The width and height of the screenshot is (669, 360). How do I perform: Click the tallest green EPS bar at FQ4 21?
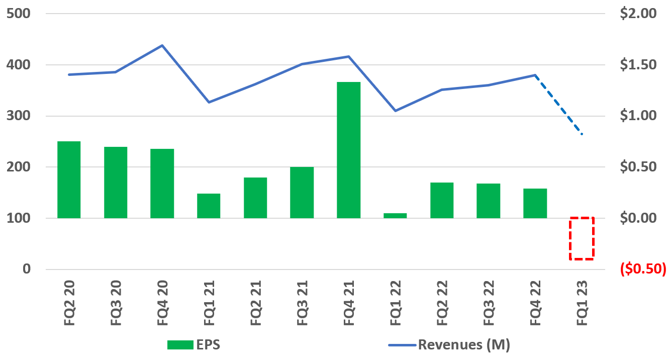pyautogui.click(x=348, y=150)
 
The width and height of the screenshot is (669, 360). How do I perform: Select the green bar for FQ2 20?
pyautogui.click(x=69, y=179)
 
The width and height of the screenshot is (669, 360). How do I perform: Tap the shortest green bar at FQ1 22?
pyautogui.click(x=395, y=215)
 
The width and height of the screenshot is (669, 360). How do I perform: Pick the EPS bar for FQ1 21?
pyautogui.click(x=209, y=206)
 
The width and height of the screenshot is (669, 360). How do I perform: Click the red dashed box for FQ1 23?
pyautogui.click(x=582, y=238)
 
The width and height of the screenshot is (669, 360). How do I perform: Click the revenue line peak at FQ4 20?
pyautogui.click(x=162, y=46)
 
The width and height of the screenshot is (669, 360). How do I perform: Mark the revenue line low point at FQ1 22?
pyautogui.click(x=396, y=111)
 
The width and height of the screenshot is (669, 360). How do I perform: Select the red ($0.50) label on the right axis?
pyautogui.click(x=643, y=269)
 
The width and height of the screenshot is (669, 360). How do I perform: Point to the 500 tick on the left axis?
pyautogui.click(x=19, y=14)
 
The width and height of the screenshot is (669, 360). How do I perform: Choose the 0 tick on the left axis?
pyautogui.click(x=26, y=269)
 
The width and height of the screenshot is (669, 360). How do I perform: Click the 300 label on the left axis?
pyautogui.click(x=19, y=116)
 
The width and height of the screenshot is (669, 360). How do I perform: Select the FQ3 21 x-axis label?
pyautogui.click(x=302, y=301)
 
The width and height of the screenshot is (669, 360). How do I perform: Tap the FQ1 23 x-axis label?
pyautogui.click(x=582, y=301)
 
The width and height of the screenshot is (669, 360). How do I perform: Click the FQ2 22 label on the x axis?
pyautogui.click(x=442, y=301)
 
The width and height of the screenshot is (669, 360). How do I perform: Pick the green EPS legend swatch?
pyautogui.click(x=180, y=344)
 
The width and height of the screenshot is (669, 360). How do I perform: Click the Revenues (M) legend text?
pyautogui.click(x=464, y=344)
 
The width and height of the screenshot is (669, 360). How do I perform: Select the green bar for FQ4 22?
pyautogui.click(x=535, y=203)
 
